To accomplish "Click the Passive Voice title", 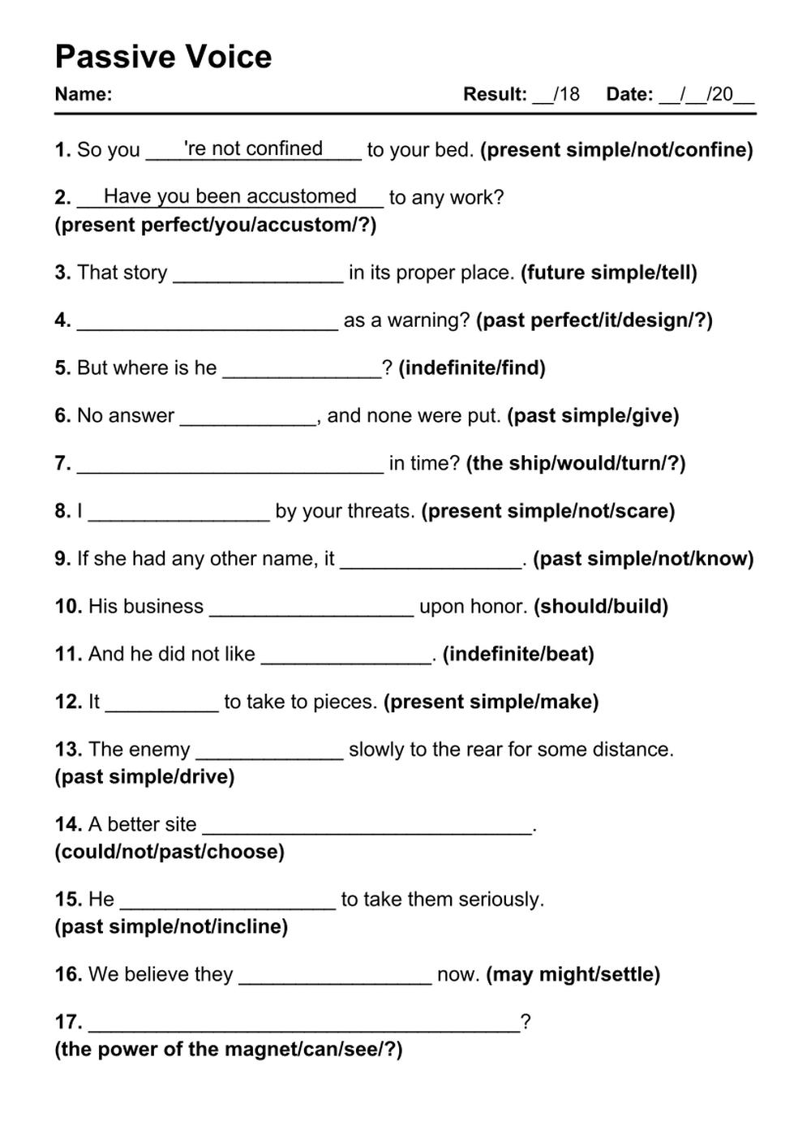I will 163,57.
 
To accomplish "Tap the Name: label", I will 83,94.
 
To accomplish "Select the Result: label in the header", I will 495,94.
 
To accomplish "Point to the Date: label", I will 629,94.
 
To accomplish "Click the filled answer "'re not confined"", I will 253,148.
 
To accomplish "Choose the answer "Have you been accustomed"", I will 230,196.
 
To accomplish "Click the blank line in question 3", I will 258,276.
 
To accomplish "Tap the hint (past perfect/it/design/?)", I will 594,320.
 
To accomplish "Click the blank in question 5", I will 302,372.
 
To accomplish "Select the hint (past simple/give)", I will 593,416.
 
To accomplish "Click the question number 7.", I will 62,463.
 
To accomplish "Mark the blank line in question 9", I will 431,562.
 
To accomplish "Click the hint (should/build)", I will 600,607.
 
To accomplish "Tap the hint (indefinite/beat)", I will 518,655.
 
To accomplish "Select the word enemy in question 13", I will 159,750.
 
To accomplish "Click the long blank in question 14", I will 367,828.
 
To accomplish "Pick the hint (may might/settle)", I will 573,974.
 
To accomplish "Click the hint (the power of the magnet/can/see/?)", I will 229,1050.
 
